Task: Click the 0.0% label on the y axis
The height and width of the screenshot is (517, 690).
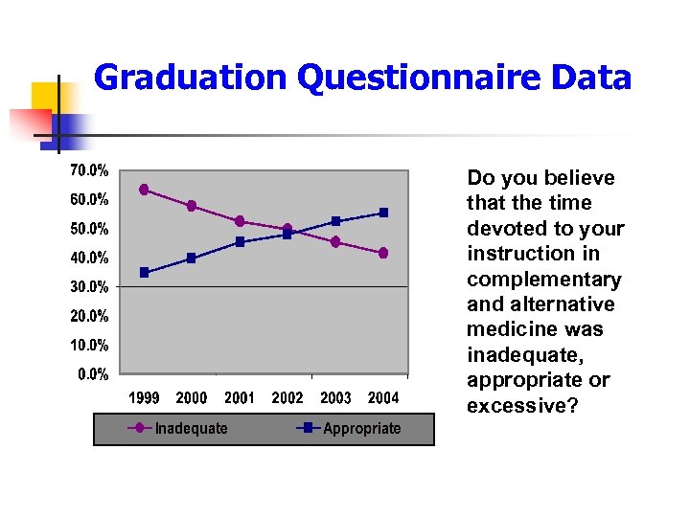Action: [x=92, y=373]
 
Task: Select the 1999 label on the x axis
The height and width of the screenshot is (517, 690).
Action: [x=144, y=397]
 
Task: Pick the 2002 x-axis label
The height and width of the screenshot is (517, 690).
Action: [x=287, y=397]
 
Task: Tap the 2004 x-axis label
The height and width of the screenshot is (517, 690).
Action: [x=383, y=397]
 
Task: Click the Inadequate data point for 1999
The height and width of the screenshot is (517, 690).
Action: [x=144, y=190]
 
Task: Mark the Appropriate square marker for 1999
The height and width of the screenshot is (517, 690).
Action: [x=144, y=273]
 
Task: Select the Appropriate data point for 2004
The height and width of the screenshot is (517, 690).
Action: [x=383, y=213]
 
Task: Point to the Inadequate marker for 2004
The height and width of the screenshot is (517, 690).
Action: [x=383, y=253]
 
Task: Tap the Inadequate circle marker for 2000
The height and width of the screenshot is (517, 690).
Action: [x=192, y=206]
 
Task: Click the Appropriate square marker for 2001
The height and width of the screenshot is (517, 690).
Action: [x=240, y=242]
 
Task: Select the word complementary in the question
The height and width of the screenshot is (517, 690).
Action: [x=543, y=280]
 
